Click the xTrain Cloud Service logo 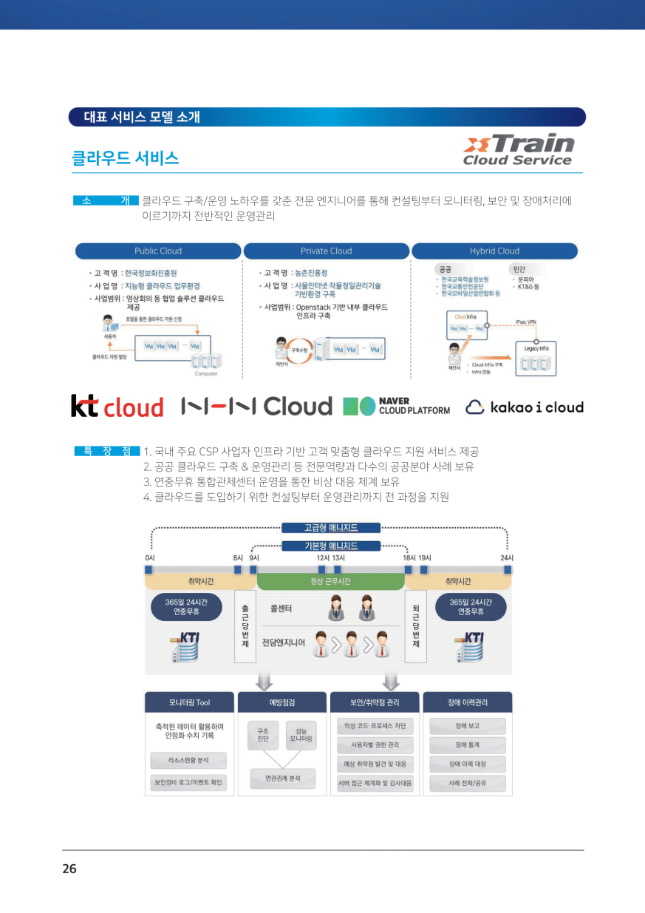coord(517,150)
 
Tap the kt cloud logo coord(117,407)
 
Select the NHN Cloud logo coord(256,406)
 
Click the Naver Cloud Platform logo coord(397,407)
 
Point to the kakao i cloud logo coord(525,407)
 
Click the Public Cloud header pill coord(158,251)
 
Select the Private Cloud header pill coord(327,251)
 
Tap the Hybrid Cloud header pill coord(494,251)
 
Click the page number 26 coord(69,869)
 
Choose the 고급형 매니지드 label coord(331,528)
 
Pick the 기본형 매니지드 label coord(331,546)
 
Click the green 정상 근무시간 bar coord(330,582)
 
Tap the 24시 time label coord(507,557)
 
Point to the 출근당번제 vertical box coord(245,627)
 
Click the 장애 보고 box coord(468,726)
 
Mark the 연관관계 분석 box coord(282,778)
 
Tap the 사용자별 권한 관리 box coord(375,744)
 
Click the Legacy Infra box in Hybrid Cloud coord(536,358)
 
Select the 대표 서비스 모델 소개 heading coord(142,117)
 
